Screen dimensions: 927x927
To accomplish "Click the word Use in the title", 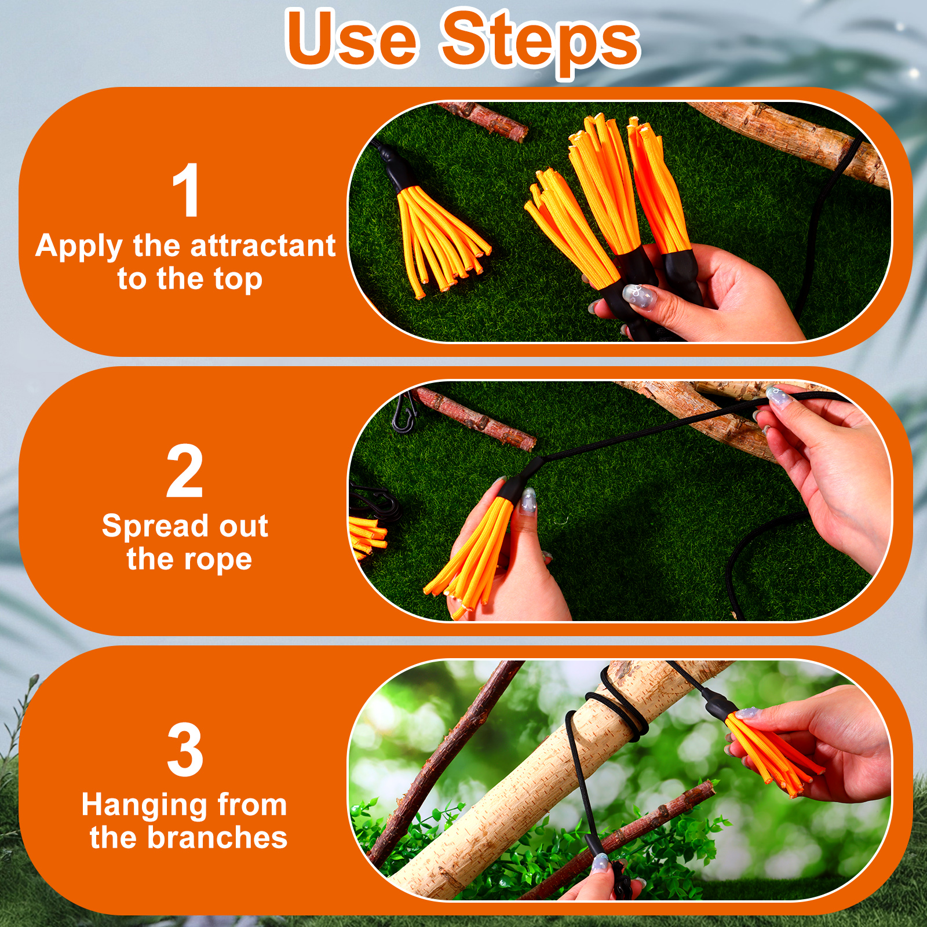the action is pos(352,39).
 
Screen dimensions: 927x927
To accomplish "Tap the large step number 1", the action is pos(187,190).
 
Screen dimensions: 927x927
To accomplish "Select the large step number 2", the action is pos(185,470).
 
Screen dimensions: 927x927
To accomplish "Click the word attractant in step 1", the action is pos(263,246).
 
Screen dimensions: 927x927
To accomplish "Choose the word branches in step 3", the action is pos(217,838).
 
